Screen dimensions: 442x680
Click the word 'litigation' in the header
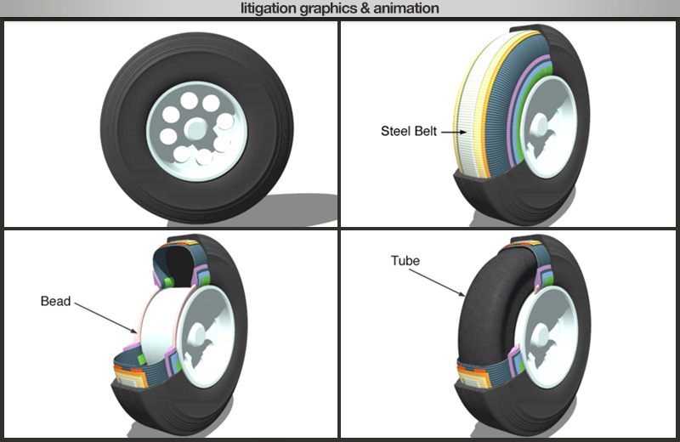(x=267, y=8)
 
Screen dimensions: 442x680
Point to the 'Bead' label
(x=55, y=301)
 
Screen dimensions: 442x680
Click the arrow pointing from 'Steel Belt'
(x=453, y=132)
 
